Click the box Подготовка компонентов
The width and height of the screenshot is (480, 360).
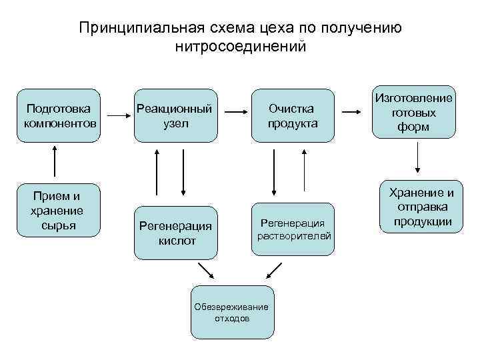click(x=59, y=115)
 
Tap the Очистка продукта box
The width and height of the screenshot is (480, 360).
click(x=292, y=115)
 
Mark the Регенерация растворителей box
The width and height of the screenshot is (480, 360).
click(x=292, y=229)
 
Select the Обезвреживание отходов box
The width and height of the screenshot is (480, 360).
click(x=231, y=312)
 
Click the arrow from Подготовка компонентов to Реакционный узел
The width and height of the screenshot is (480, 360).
click(x=117, y=116)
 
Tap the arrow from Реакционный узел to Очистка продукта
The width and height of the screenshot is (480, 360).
click(x=234, y=116)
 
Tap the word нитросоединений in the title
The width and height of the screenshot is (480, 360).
click(x=240, y=47)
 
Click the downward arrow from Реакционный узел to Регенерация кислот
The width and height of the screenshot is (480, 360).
click(x=183, y=173)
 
